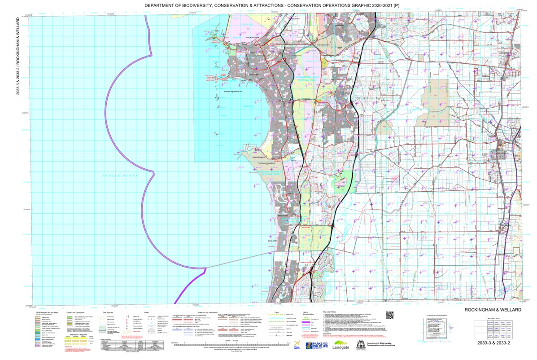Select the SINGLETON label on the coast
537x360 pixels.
click(x=273, y=241)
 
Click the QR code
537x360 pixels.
click(x=389, y=316)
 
